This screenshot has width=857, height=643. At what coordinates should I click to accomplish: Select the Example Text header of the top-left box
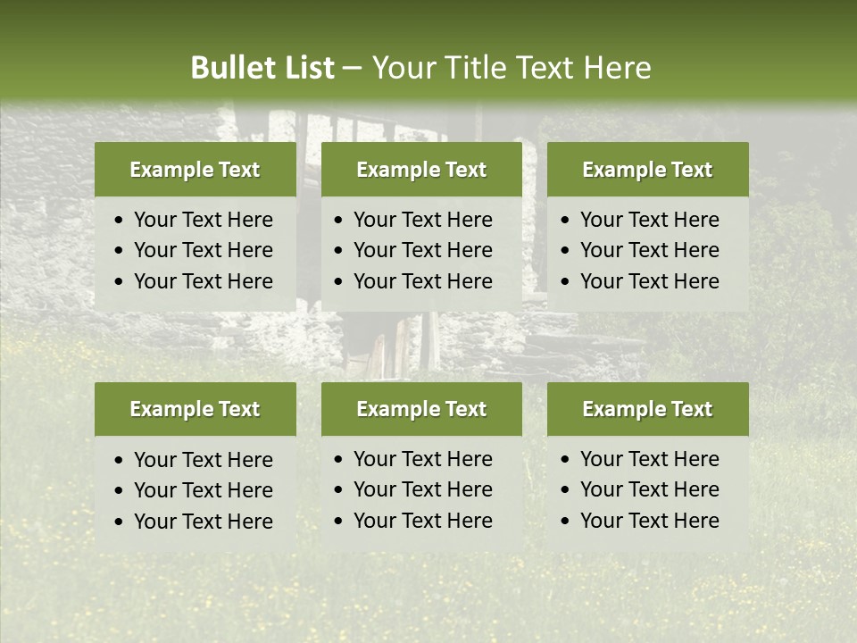pos(195,170)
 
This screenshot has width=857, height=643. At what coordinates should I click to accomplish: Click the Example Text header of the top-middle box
pos(421,170)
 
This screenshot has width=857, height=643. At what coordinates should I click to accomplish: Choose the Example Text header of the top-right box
pos(647,170)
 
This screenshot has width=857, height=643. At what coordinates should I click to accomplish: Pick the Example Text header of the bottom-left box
pos(195,409)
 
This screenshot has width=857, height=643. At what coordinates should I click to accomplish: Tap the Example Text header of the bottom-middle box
pos(421,409)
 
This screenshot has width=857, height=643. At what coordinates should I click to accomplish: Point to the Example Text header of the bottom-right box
pos(647,409)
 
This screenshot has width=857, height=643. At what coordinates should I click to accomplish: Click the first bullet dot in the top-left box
pos(120,221)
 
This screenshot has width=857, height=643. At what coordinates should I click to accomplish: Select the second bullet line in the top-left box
pos(203,250)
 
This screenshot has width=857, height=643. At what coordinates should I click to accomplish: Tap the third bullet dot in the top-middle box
pos(339,282)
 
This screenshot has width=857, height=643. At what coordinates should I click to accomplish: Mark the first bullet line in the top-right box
pos(649,220)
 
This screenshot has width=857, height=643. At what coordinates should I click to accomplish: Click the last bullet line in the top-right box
pos(649,281)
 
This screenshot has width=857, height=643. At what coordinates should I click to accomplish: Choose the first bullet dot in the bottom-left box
pos(120,461)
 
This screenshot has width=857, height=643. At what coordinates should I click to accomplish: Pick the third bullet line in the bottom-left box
pos(203,522)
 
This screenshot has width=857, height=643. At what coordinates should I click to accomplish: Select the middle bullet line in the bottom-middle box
pos(422,489)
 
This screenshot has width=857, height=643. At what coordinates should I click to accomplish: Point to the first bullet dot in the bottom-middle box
pos(339,460)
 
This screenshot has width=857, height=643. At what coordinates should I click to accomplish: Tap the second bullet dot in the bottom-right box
pos(566,490)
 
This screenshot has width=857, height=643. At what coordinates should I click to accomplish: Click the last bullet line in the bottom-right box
pos(649,521)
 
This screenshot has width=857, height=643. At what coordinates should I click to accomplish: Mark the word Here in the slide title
pos(617,68)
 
